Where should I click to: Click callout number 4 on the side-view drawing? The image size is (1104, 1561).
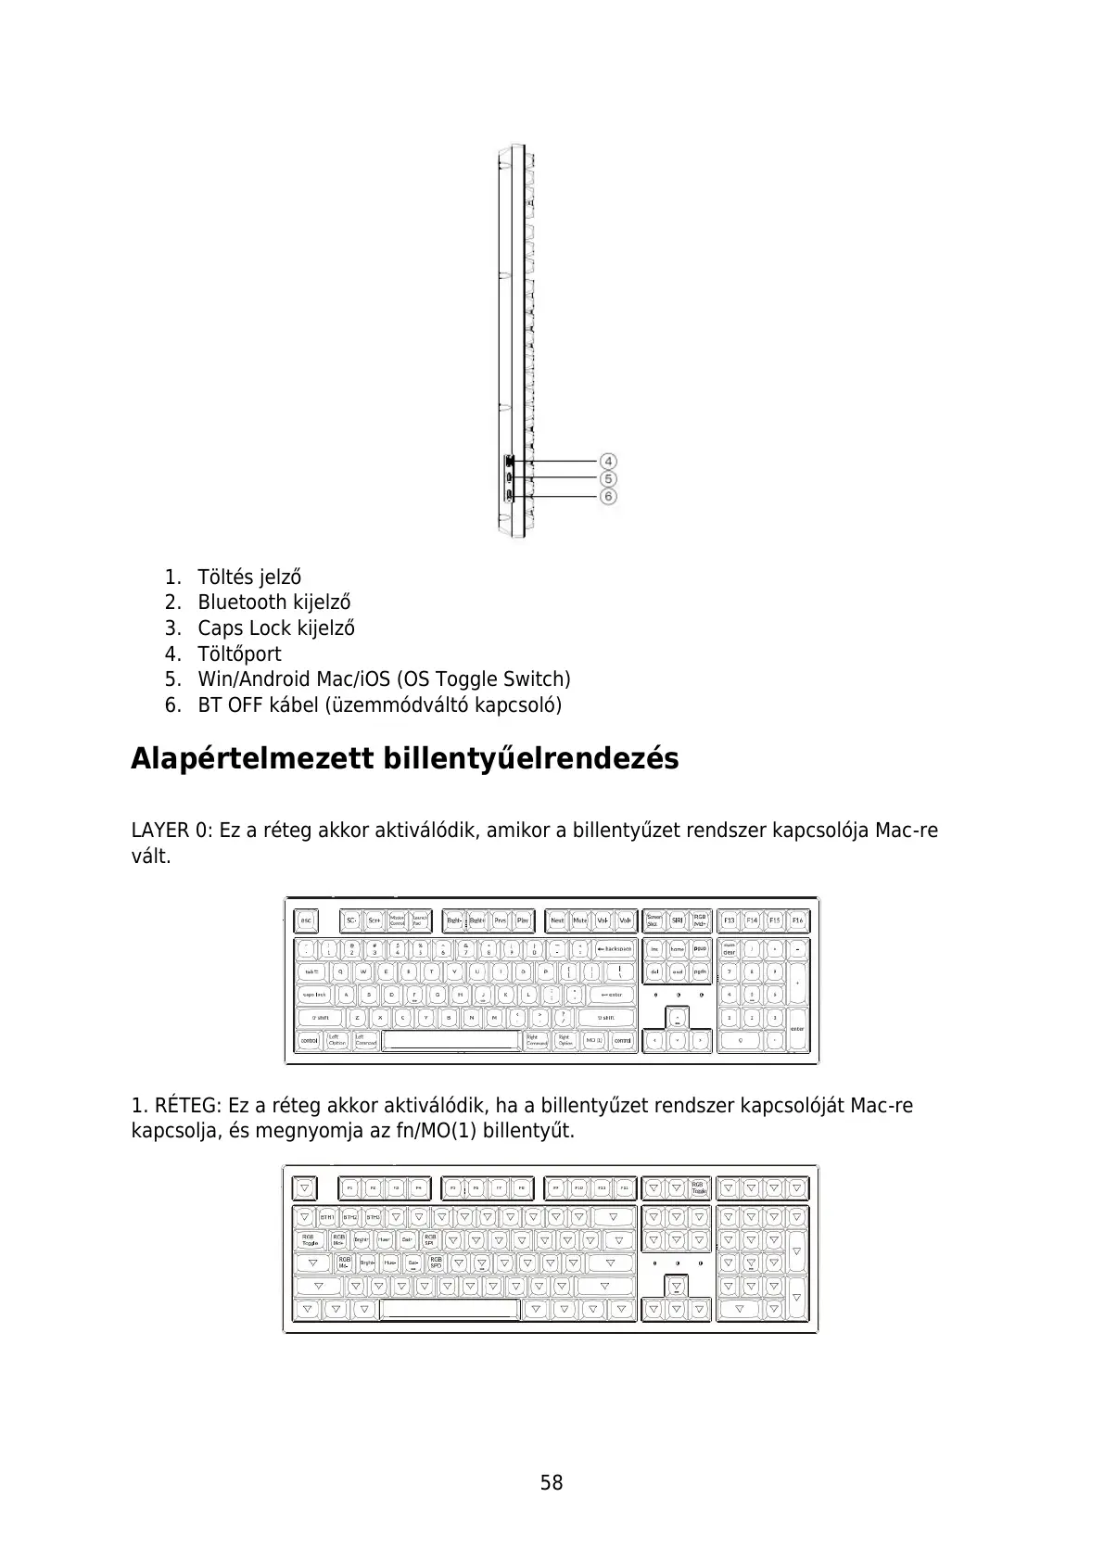pyautogui.click(x=608, y=461)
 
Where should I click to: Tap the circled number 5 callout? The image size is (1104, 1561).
pyautogui.click(x=608, y=478)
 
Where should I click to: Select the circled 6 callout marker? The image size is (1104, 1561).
pyautogui.click(x=608, y=496)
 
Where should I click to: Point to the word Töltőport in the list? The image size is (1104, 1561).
pyautogui.click(x=239, y=654)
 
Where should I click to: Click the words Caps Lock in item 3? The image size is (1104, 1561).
pyautogui.click(x=245, y=628)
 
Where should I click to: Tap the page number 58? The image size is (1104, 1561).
pyautogui.click(x=552, y=1482)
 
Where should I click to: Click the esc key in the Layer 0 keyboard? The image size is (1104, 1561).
pyautogui.click(x=306, y=920)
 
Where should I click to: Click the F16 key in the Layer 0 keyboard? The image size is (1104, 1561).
pyautogui.click(x=797, y=920)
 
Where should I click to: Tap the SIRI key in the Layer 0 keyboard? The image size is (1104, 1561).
pyautogui.click(x=678, y=920)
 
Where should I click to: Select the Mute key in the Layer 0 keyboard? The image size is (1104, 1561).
pyautogui.click(x=579, y=920)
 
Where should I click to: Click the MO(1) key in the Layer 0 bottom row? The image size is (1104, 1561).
pyautogui.click(x=593, y=1041)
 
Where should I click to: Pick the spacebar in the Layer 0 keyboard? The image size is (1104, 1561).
pyautogui.click(x=450, y=1041)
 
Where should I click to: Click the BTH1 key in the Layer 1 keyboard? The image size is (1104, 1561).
pyautogui.click(x=327, y=1217)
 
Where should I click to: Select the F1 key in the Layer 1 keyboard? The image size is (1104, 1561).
pyautogui.click(x=349, y=1187)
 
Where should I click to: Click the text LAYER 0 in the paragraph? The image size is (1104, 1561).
pyautogui.click(x=171, y=830)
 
